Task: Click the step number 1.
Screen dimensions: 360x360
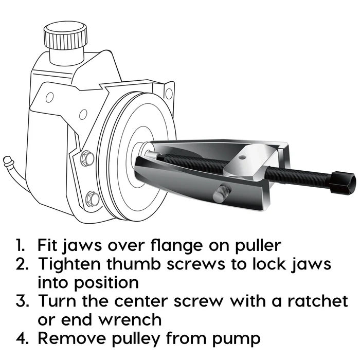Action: click(x=21, y=244)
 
